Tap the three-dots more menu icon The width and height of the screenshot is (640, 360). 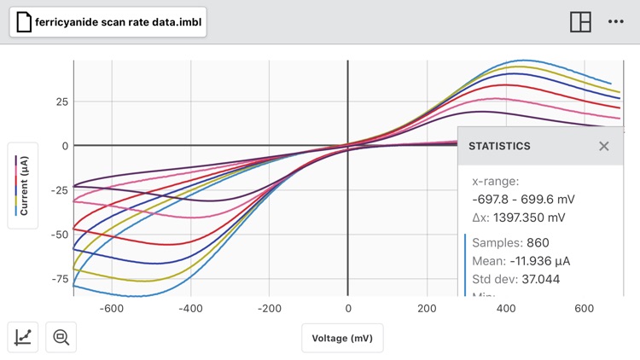[x=616, y=22]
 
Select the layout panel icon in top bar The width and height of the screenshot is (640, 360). [x=580, y=22]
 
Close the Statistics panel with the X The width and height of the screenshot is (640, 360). [x=604, y=146]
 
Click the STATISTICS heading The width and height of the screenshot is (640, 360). [x=499, y=146]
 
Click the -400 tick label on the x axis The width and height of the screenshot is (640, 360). [x=191, y=308]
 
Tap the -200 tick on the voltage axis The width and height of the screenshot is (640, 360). [x=270, y=308]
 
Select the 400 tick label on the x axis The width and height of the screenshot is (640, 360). [x=505, y=308]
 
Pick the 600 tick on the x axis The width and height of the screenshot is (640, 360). [x=584, y=308]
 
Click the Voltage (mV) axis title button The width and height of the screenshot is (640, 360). [x=342, y=338]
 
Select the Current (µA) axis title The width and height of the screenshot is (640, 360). [x=24, y=185]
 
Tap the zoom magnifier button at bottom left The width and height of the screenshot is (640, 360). [x=61, y=337]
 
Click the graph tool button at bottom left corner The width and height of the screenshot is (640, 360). [x=24, y=337]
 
